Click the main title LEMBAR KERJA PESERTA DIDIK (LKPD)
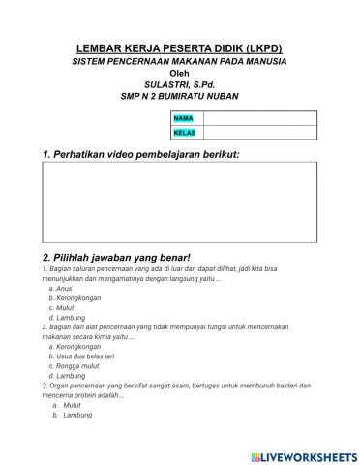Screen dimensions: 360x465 (180, 48)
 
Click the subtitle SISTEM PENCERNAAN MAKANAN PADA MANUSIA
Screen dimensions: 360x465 (180, 61)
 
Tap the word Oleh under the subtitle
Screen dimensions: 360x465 (180, 73)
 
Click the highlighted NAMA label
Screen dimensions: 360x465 (183, 118)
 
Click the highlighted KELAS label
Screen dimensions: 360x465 (184, 133)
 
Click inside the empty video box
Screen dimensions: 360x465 (180, 201)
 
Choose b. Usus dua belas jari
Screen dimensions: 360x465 (85, 356)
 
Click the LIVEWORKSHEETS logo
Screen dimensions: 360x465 (302, 455)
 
